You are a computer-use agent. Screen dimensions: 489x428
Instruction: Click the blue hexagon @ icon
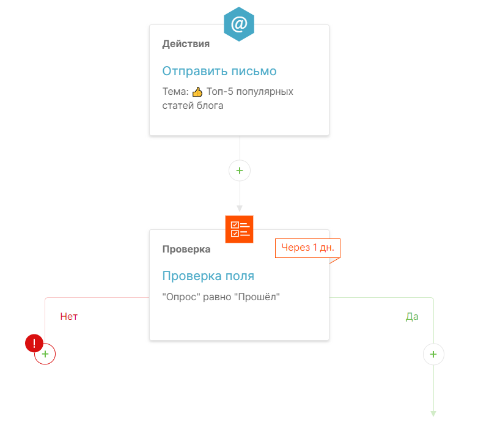tap(239, 24)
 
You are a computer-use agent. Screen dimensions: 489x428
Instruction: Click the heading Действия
tap(186, 44)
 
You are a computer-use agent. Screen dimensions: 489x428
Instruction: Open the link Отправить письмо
tap(219, 71)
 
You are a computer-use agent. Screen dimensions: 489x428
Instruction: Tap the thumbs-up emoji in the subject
tap(197, 92)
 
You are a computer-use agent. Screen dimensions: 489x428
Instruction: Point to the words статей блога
tap(193, 106)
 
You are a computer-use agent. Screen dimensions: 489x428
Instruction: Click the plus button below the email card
tap(240, 171)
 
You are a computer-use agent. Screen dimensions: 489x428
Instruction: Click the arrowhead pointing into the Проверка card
tap(240, 208)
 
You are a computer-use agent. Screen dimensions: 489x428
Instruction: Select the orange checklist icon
tap(239, 229)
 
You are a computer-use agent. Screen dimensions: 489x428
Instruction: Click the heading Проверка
tap(186, 249)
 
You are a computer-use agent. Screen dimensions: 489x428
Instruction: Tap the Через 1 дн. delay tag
tap(307, 248)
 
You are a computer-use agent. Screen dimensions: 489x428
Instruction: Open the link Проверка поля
tap(208, 276)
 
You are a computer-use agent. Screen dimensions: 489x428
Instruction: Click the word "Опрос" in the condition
tap(181, 297)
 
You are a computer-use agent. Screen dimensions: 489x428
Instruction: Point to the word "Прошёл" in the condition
tap(259, 297)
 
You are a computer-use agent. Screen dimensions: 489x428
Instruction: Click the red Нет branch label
tap(69, 317)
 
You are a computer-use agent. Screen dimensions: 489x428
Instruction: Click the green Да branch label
tap(412, 317)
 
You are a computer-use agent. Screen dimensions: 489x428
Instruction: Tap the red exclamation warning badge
tap(34, 343)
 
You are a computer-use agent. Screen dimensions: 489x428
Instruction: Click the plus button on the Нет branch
tap(45, 354)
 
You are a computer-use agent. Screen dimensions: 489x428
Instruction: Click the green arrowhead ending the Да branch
tap(433, 414)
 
